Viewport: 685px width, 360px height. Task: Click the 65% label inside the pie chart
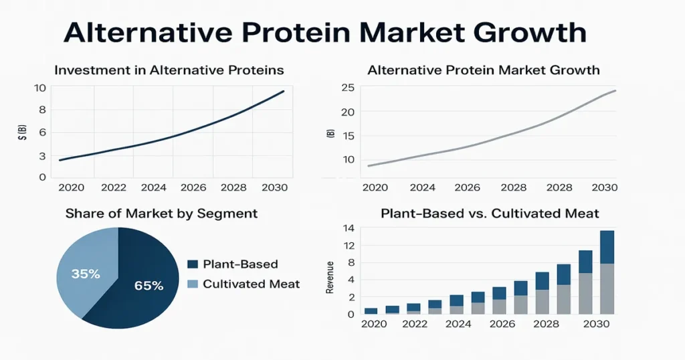tap(149, 286)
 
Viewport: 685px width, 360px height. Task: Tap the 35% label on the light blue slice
tap(86, 274)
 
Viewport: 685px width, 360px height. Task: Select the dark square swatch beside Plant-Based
tap(193, 264)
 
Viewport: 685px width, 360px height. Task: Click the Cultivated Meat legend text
tap(251, 284)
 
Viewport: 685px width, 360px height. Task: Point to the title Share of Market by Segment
tap(161, 214)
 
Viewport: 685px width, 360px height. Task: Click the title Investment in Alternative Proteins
tap(169, 70)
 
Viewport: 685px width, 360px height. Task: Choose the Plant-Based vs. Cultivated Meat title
tap(490, 214)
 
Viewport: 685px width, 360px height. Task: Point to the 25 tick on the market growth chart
tap(347, 88)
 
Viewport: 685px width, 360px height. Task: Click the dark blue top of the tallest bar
tap(607, 247)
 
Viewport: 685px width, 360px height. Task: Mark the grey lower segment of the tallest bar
tap(607, 288)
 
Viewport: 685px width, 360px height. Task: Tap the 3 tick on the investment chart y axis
tap(42, 156)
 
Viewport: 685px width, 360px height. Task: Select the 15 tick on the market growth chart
tap(347, 136)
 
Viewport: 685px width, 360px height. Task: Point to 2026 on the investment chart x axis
tap(193, 188)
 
